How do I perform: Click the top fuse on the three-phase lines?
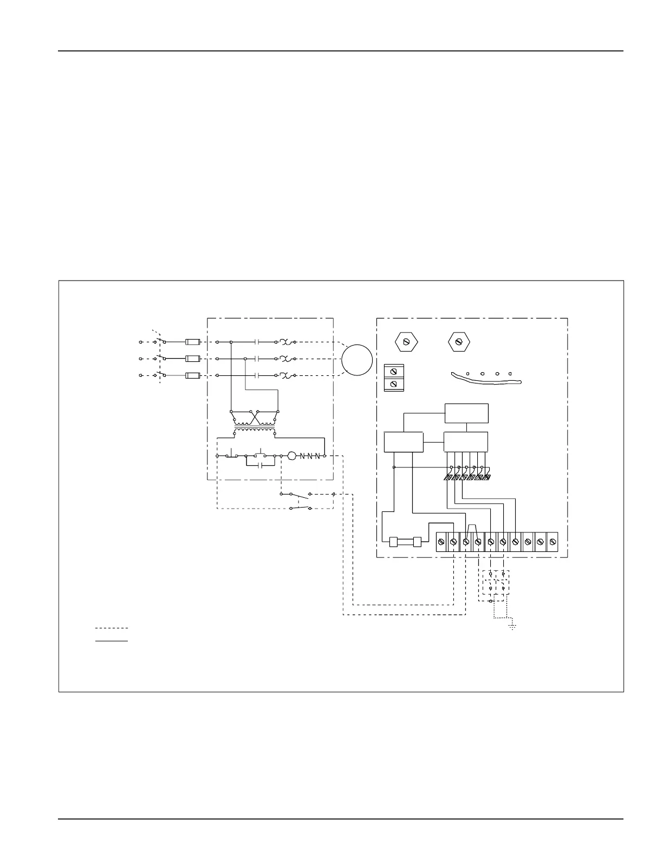[x=193, y=342]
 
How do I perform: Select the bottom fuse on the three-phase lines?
[x=193, y=375]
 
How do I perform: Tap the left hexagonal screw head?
[x=406, y=342]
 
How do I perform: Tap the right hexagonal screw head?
[x=459, y=342]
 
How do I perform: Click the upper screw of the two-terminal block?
[x=394, y=371]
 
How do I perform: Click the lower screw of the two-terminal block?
[x=394, y=384]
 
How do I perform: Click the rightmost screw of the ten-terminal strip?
[x=552, y=541]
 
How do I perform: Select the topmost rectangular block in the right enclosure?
[x=466, y=413]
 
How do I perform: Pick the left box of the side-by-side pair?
[x=403, y=442]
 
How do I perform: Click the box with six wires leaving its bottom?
[x=465, y=442]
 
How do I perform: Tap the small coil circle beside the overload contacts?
[x=291, y=456]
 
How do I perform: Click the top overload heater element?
[x=287, y=342]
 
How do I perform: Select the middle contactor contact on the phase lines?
[x=258, y=359]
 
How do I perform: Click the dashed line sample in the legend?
[x=112, y=628]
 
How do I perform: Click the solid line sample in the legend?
[x=112, y=641]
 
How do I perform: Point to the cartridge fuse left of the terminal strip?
[x=406, y=541]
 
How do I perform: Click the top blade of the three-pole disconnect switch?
[x=160, y=341]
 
